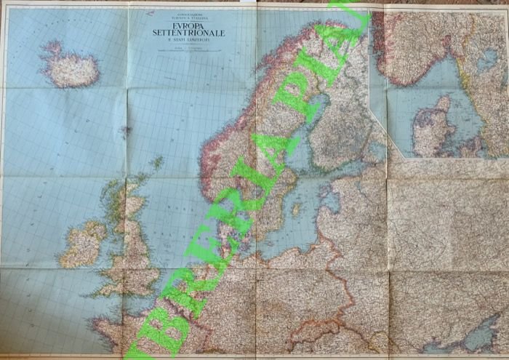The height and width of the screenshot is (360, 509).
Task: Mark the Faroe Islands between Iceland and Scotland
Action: [124, 132]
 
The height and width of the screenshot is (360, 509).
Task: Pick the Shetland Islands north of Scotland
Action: [156, 162]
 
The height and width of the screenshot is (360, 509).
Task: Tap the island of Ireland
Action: [84, 244]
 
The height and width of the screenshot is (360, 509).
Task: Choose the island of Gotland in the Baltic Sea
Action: [296, 209]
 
